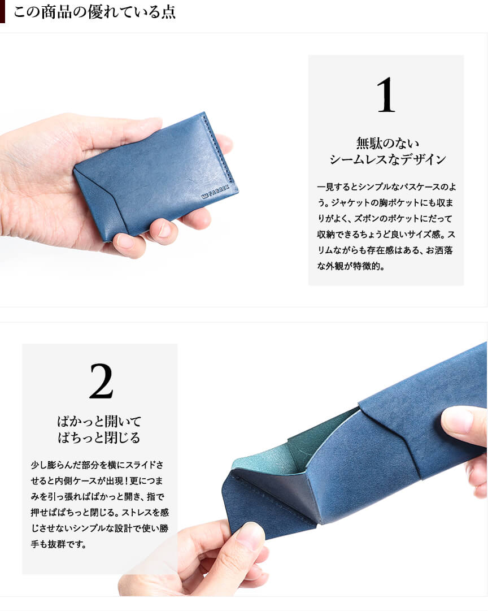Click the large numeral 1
[x=386, y=95]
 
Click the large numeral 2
[x=101, y=381]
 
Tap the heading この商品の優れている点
[x=95, y=12]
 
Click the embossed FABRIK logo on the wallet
[x=215, y=192]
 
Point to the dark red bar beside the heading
[x=2, y=12]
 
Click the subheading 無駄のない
[x=387, y=143]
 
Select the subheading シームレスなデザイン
[x=387, y=159]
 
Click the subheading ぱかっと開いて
[x=99, y=421]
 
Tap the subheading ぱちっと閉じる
[x=99, y=437]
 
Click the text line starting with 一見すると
[x=386, y=187]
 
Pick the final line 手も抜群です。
[x=58, y=544]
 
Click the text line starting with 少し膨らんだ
[x=97, y=465]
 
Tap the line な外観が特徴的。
[x=351, y=266]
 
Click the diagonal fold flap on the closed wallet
[x=97, y=202]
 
